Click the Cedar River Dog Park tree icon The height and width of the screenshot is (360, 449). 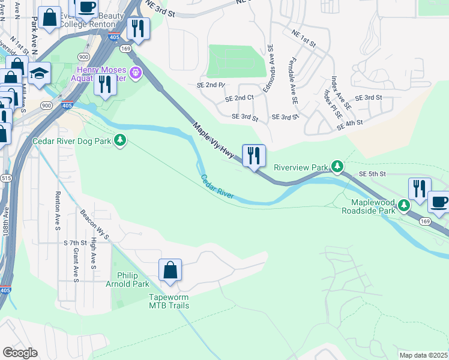121,140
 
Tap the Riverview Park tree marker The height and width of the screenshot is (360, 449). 338,166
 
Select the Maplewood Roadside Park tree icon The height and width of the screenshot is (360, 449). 405,206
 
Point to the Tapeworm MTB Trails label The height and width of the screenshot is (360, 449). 169,301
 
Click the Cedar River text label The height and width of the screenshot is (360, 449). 217,187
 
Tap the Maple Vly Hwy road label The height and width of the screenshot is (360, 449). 213,141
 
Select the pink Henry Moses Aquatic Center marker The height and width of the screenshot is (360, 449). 136,73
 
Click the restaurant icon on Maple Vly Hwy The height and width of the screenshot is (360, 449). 253,157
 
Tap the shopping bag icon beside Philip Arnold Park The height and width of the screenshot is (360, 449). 170,270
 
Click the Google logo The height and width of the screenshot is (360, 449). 20,353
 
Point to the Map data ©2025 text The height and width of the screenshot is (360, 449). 423,355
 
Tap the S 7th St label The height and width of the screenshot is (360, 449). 75,242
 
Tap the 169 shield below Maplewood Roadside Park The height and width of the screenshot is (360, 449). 425,221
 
